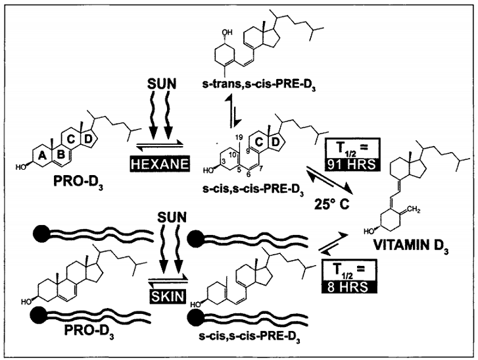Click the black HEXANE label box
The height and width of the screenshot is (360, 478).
point(160,163)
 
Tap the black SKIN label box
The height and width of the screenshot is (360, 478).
point(168,296)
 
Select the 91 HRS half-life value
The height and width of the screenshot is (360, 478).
point(351,165)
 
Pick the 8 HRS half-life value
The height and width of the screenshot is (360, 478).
point(348,287)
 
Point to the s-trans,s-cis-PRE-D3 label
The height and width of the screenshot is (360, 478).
point(259,84)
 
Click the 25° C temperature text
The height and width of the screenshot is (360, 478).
point(332,204)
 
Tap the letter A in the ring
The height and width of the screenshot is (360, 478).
point(43,156)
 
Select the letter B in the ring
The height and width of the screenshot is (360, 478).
point(61,155)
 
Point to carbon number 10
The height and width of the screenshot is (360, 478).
point(232,155)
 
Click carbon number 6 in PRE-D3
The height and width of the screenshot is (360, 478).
point(249,174)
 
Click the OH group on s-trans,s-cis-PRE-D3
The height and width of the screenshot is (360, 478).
point(227,32)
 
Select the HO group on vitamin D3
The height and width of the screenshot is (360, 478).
point(369,231)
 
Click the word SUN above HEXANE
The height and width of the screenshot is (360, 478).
point(162,84)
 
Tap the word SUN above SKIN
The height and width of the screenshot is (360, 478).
point(172,217)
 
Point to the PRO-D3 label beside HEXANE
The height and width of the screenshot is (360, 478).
point(78,182)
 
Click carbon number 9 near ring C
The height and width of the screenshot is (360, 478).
point(247,151)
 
